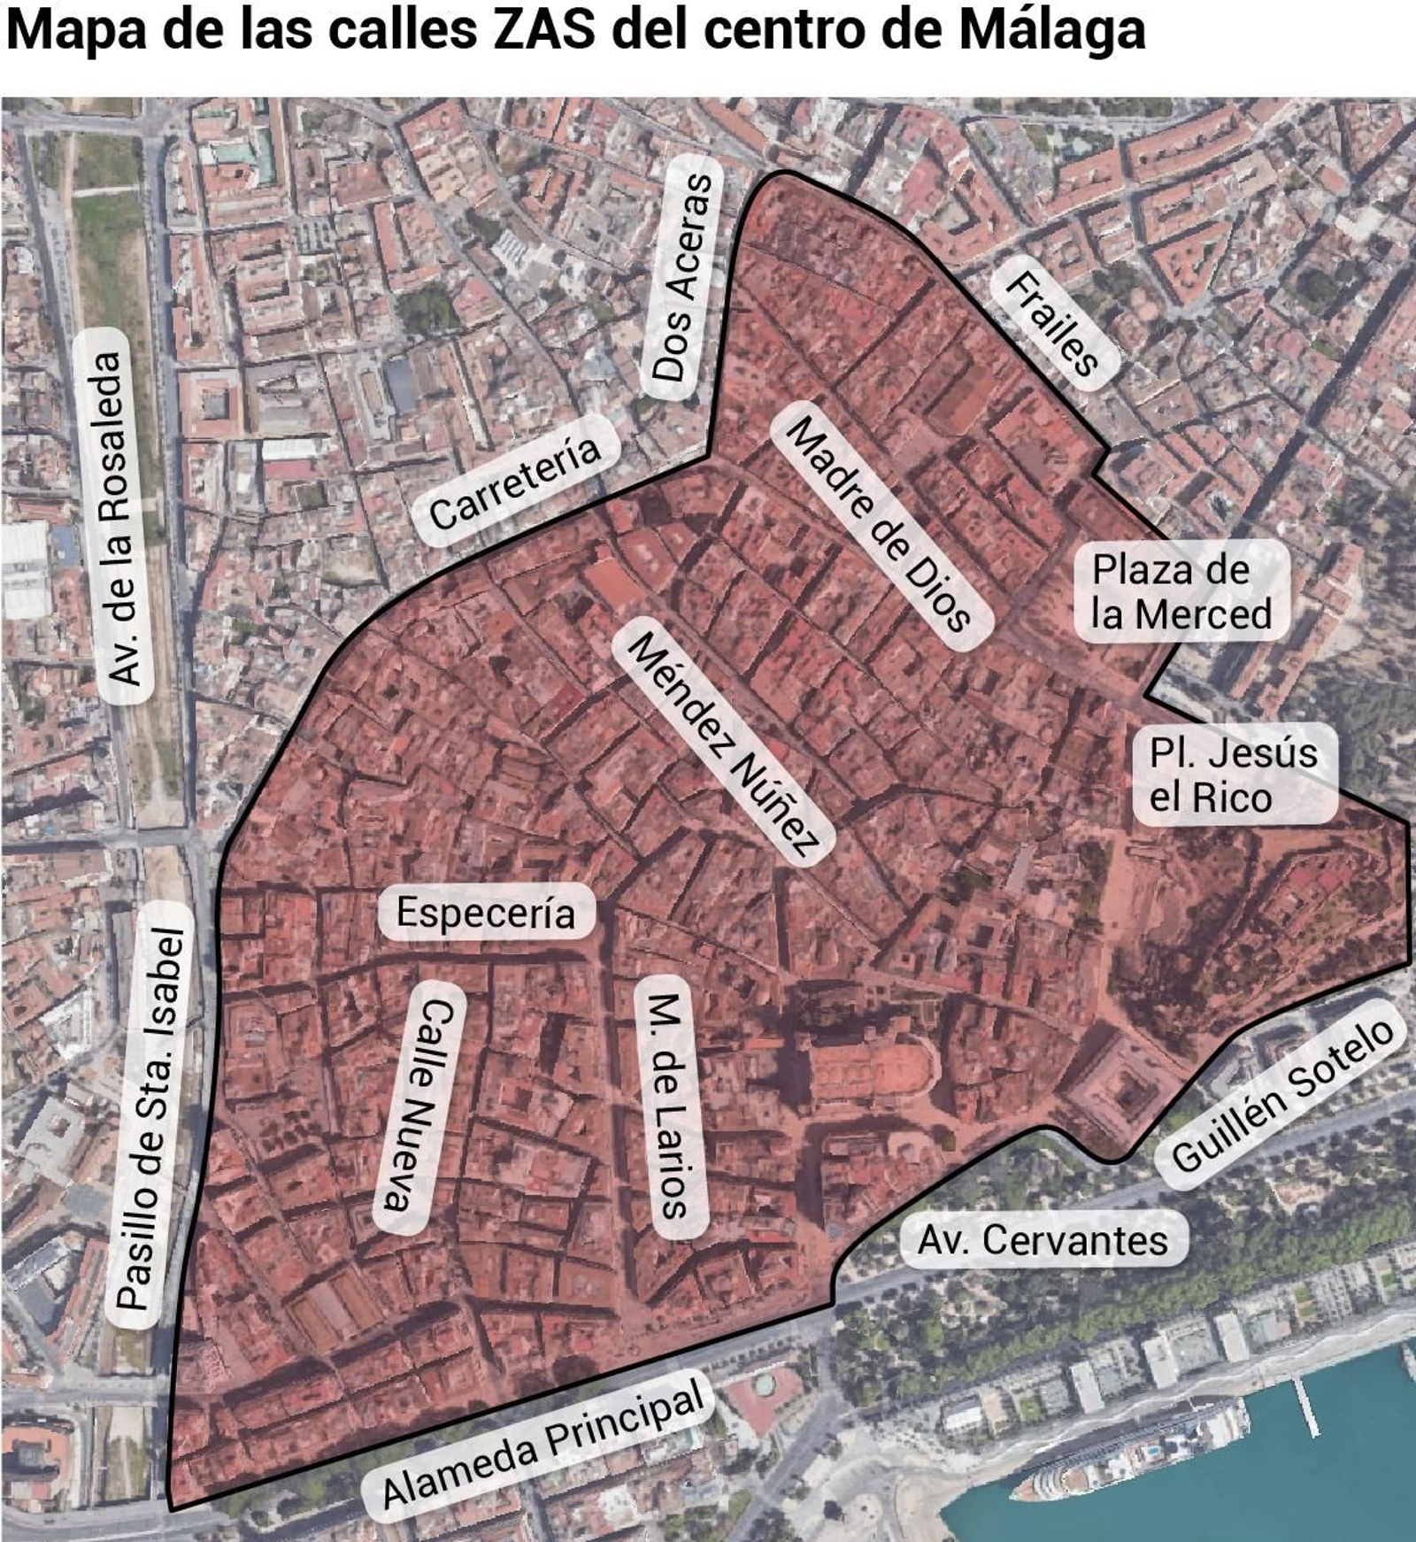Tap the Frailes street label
click(1053, 323)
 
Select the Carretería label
click(514, 483)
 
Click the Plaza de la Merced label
click(1181, 591)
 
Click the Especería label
click(485, 912)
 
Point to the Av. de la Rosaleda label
click(119, 517)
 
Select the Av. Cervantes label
click(1043, 1240)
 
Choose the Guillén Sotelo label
click(1282, 1094)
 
